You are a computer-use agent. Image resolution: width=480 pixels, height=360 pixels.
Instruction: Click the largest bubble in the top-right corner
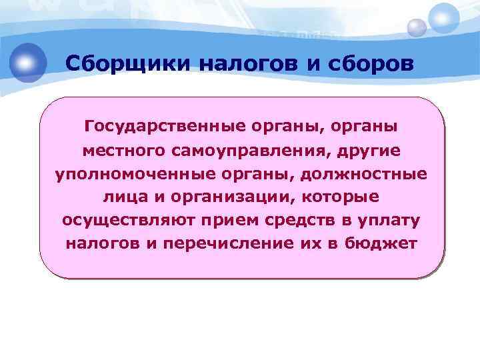[444, 18]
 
